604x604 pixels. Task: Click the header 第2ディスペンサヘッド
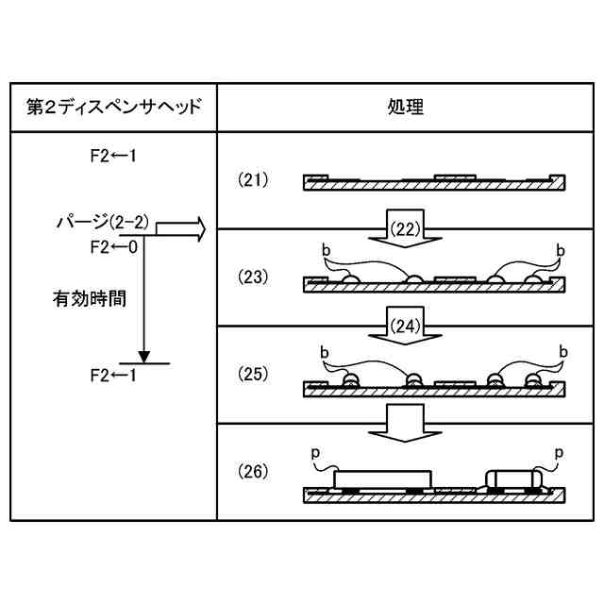coord(113,107)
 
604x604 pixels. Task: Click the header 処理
coord(406,107)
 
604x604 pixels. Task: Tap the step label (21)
coord(253,178)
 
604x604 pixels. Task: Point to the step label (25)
coord(253,373)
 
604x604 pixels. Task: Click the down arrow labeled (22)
coord(403,229)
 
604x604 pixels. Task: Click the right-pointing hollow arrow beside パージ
coord(179,228)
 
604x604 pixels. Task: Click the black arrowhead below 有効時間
coord(143,356)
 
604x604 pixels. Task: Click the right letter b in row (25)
coord(562,351)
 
